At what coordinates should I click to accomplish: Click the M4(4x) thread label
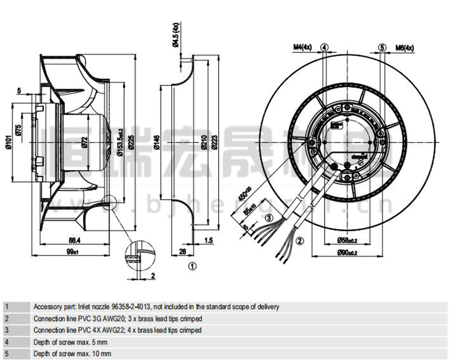click(x=303, y=47)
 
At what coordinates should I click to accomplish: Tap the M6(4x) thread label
click(x=404, y=47)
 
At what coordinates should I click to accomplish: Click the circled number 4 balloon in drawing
click(x=325, y=47)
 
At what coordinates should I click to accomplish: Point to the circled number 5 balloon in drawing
click(x=382, y=47)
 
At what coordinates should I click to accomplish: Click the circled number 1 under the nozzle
click(x=192, y=266)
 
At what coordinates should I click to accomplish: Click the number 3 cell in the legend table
click(x=6, y=330)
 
